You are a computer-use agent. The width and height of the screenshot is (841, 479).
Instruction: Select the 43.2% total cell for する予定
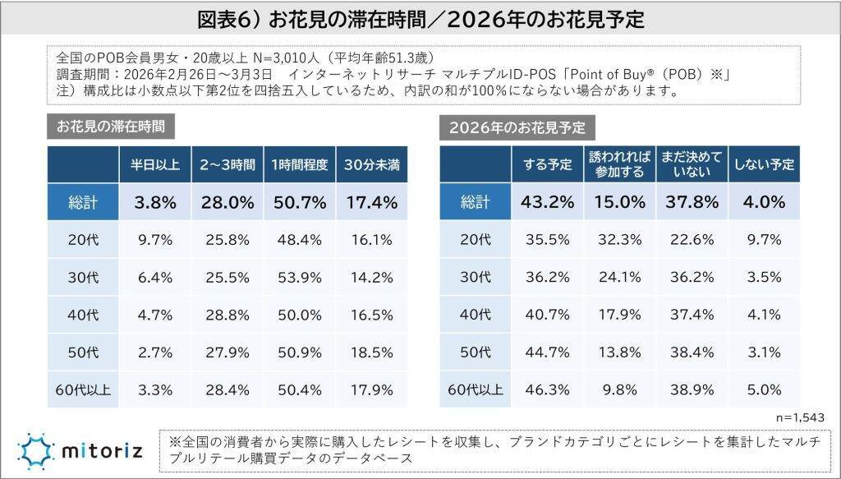[547, 202]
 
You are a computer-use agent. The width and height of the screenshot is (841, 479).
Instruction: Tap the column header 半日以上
[155, 164]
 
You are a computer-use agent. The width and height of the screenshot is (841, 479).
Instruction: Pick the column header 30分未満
[372, 164]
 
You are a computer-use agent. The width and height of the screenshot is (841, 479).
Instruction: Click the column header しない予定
[765, 164]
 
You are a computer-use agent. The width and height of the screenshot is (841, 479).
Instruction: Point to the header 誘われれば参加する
[619, 164]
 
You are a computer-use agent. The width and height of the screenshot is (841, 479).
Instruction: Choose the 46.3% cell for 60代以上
[547, 389]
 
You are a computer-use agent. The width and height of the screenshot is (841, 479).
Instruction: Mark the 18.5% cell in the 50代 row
[372, 351]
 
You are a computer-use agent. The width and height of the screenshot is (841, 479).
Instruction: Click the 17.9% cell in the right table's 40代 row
[619, 314]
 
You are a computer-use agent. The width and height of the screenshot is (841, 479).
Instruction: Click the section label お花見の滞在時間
[111, 127]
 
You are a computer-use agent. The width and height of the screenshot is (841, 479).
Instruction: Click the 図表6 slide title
[420, 17]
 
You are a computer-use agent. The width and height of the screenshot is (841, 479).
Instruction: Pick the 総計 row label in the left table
[83, 202]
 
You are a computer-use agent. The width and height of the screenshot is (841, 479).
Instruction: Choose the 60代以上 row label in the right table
[475, 389]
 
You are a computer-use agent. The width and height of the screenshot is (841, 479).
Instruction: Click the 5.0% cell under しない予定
[765, 389]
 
